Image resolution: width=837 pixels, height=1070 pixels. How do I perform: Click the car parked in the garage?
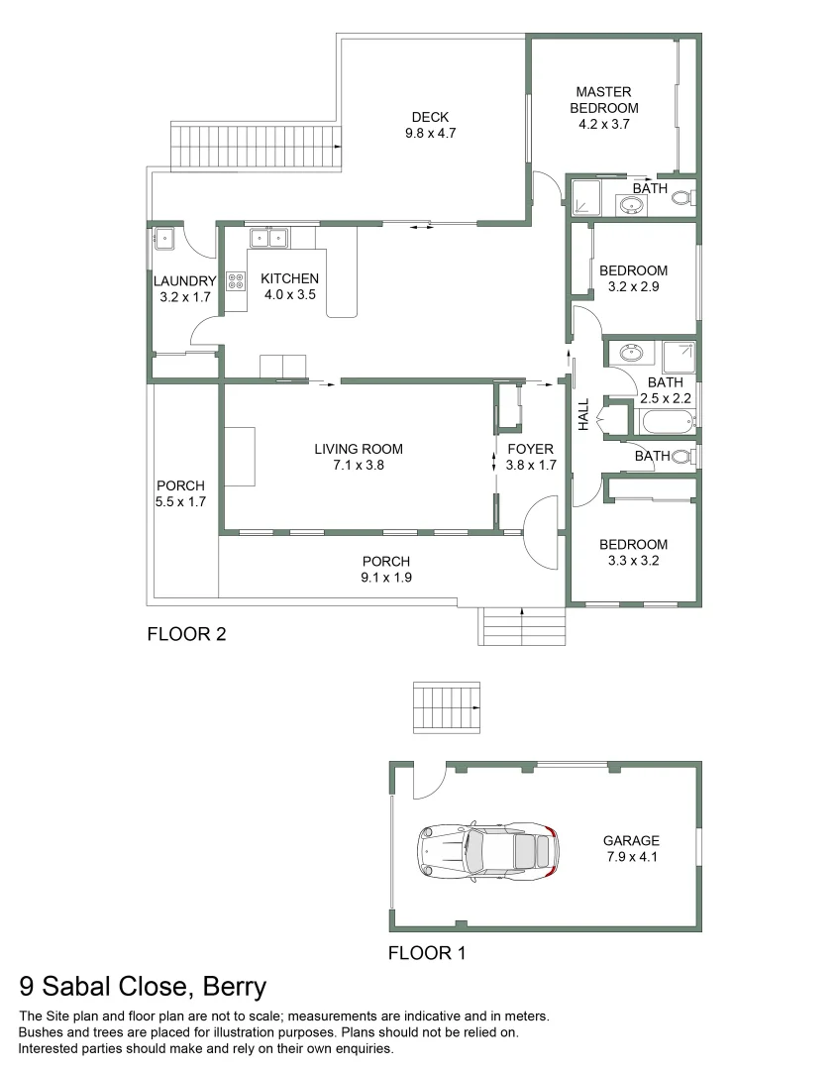[x=485, y=851]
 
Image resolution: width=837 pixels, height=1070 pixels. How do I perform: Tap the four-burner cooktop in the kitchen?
[x=236, y=280]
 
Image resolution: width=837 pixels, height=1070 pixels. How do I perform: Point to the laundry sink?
[x=163, y=239]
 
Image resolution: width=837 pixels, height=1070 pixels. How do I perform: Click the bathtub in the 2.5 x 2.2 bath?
[x=666, y=421]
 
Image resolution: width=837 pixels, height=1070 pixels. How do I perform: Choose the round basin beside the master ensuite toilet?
[x=631, y=205]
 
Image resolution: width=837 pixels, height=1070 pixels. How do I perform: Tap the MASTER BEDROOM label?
[x=604, y=100]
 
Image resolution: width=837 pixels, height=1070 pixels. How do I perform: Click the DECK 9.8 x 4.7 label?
[x=430, y=124]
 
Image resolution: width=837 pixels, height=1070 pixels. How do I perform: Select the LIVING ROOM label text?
[x=359, y=449]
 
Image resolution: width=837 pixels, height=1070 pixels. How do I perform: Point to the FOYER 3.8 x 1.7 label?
[x=530, y=457]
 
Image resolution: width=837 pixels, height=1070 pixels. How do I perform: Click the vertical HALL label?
[x=583, y=414]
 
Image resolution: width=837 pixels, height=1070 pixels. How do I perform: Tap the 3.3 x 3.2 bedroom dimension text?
[x=633, y=560]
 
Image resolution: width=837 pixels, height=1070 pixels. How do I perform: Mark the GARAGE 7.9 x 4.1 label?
[x=631, y=849]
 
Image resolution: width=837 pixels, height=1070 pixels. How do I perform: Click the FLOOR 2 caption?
[x=186, y=634]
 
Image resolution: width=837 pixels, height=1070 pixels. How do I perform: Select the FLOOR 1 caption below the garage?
[x=426, y=954]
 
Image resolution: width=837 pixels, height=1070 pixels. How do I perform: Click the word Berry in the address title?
[x=234, y=987]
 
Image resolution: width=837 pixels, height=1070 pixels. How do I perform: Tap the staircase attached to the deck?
[x=258, y=148]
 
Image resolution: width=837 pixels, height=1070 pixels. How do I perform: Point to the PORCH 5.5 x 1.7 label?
[x=181, y=493]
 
